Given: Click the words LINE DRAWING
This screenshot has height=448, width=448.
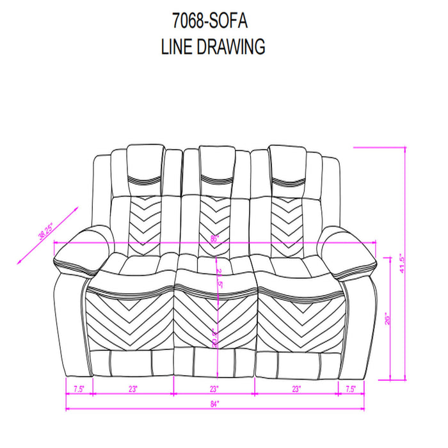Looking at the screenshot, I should [214, 47].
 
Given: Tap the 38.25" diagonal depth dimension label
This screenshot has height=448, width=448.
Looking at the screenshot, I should [45, 231].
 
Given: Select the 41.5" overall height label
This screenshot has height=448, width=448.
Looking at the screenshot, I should [401, 263].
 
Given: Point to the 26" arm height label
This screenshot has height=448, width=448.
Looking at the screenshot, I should [387, 318].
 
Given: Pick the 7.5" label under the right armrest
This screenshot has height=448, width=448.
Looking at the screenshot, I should [350, 388].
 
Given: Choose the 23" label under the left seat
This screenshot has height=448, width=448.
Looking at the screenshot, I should [133, 388].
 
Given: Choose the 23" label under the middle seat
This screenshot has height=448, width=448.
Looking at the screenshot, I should [214, 388].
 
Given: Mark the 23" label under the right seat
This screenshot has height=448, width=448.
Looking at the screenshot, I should [296, 388].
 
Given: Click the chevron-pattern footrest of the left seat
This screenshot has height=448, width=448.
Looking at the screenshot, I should [132, 320].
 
